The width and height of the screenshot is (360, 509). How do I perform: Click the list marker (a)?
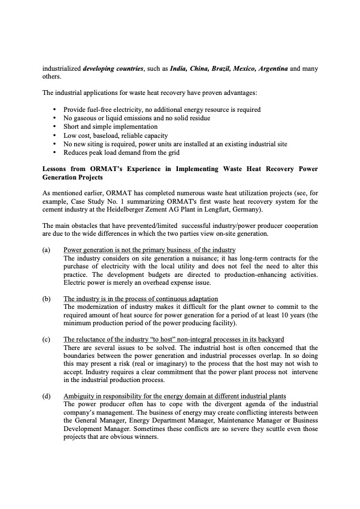(x=47, y=250)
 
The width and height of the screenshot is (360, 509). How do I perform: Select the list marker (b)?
(x=47, y=299)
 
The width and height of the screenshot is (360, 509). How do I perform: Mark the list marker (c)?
(x=47, y=339)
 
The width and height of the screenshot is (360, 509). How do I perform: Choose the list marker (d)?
(x=47, y=396)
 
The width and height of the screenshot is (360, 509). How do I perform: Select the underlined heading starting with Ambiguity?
(x=175, y=396)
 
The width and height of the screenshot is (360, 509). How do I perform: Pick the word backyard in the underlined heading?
(x=268, y=339)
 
